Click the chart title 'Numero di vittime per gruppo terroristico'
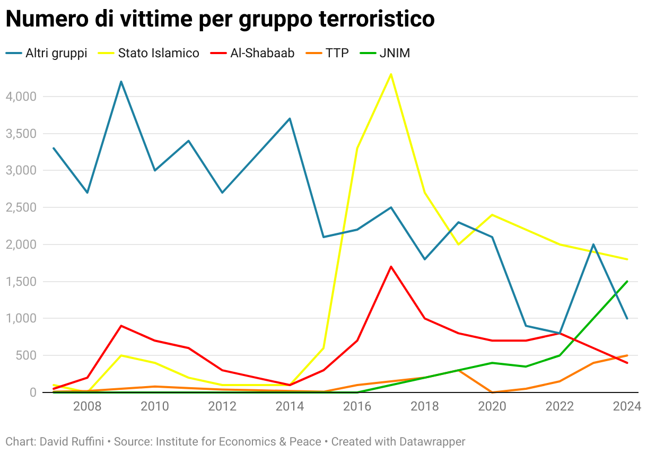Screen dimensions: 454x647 click(220, 19)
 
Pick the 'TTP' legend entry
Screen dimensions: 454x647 click(329, 53)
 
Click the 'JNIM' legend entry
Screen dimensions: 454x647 click(386, 53)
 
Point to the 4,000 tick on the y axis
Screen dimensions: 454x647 click(20, 97)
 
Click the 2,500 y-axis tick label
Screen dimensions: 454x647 click(20, 207)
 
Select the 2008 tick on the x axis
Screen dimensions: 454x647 click(88, 407)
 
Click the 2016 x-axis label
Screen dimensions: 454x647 click(357, 407)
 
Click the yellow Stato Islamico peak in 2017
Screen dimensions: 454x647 click(391, 74)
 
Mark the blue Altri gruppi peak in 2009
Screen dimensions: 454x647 click(121, 82)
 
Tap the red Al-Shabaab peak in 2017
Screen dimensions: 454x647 click(391, 266)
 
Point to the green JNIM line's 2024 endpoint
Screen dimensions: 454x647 click(627, 281)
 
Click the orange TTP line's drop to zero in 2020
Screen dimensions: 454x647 click(493, 392)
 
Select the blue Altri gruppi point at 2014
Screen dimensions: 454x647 click(290, 118)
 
